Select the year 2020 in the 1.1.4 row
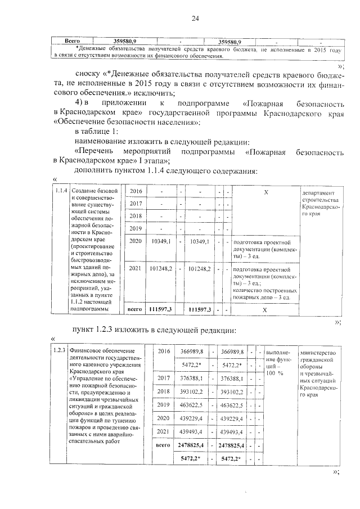[136, 241]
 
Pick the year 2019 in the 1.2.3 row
[164, 404]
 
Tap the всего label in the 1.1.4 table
[134, 309]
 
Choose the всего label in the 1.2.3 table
[163, 445]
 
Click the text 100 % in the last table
[275, 373]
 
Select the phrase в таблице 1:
[96, 132]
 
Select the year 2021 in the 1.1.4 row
[136, 269]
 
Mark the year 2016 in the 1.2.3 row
[164, 351]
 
